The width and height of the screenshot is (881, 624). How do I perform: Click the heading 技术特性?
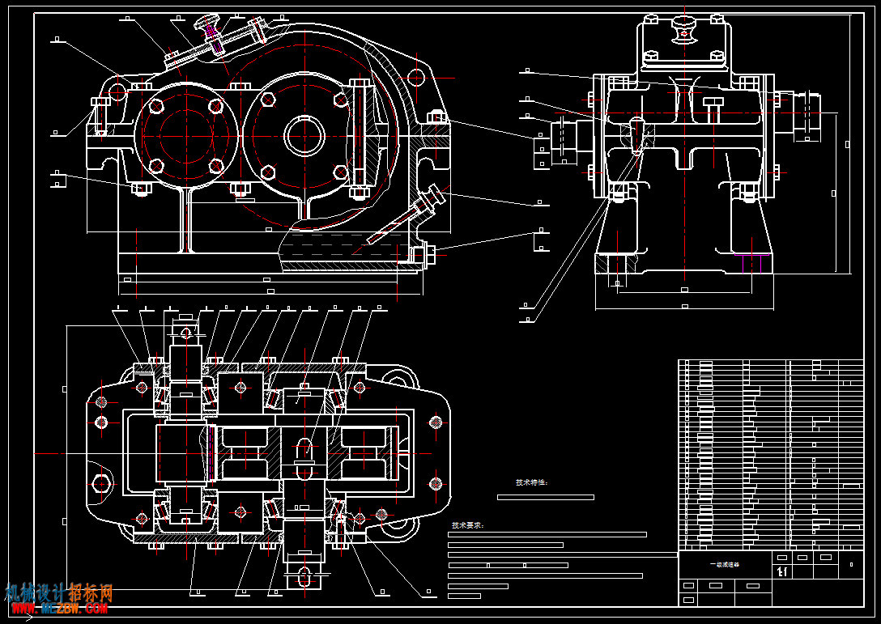[531, 482]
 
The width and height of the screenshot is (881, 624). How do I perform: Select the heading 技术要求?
[467, 525]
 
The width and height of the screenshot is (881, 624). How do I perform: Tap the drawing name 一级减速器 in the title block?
[719, 565]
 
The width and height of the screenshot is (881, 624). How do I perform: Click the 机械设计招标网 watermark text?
[58, 593]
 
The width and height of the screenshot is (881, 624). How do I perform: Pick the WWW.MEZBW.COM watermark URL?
[58, 609]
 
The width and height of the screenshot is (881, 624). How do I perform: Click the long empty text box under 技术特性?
[545, 497]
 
